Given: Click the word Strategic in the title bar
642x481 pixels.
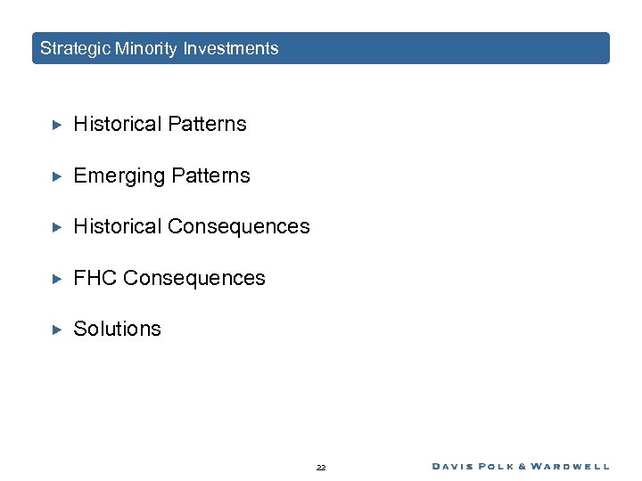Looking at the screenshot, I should coord(75,49).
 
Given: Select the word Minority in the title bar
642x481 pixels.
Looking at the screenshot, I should coord(146,49).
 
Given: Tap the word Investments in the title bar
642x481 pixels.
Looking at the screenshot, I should coord(231,49).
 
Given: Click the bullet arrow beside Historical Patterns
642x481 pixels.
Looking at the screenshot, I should coord(54,125).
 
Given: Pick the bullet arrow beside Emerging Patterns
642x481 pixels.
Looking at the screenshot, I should coord(54,176).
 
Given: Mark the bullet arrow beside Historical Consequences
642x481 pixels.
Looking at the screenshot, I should coord(54,227).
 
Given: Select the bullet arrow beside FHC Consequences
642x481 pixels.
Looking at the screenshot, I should coord(54,279).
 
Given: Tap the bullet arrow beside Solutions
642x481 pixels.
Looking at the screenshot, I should coord(54,330).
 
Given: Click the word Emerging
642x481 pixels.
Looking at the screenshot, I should coord(115,176).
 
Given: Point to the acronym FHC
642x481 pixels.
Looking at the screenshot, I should coord(95,279).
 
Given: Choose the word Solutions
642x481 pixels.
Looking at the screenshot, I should coord(117,330).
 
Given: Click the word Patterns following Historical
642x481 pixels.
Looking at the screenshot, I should coord(208,125).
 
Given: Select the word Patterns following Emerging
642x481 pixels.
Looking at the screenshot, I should coord(211,176).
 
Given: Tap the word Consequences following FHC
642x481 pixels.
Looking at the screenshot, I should coord(194,279).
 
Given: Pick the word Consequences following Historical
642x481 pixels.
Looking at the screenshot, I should coord(239,227).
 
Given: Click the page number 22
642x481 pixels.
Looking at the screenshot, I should coord(321,467).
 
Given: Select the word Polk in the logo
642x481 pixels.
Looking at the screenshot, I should coord(506,466).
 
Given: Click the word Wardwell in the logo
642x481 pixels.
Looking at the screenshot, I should coord(576,466).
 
